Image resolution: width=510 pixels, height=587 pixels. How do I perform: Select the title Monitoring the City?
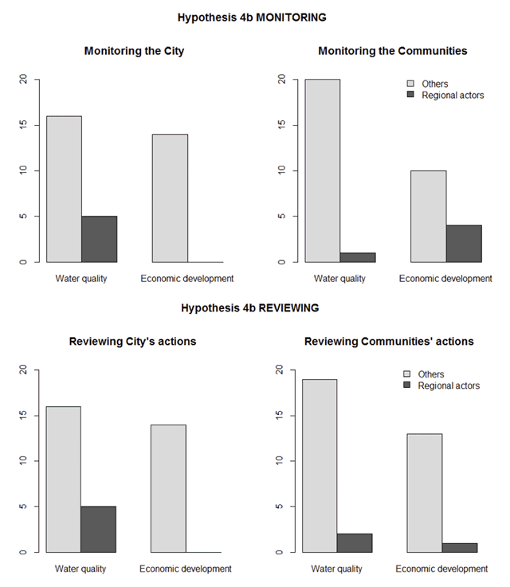pyautogui.click(x=134, y=51)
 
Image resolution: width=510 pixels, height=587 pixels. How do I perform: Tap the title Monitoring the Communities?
pyautogui.click(x=392, y=51)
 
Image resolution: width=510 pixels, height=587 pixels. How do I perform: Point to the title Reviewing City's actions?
pyautogui.click(x=132, y=342)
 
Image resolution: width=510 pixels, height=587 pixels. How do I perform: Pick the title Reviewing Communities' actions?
pyautogui.click(x=389, y=342)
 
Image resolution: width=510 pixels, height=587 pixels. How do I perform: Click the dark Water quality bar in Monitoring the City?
pyautogui.click(x=99, y=239)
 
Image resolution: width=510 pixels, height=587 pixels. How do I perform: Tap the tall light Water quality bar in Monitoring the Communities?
pyautogui.click(x=322, y=170)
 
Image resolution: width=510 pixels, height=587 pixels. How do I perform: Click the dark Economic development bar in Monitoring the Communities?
pyautogui.click(x=463, y=243)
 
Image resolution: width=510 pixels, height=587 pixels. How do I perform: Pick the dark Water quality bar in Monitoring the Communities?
pyautogui.click(x=357, y=256)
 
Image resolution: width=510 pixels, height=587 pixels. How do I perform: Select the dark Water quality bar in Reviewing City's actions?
pyautogui.click(x=98, y=529)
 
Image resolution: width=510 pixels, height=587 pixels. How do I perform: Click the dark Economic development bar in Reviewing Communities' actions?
pyautogui.click(x=459, y=547)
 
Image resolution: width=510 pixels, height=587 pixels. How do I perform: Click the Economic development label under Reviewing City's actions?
pyautogui.click(x=185, y=569)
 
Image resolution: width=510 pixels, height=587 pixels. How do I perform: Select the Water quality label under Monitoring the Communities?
pyautogui.click(x=339, y=278)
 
